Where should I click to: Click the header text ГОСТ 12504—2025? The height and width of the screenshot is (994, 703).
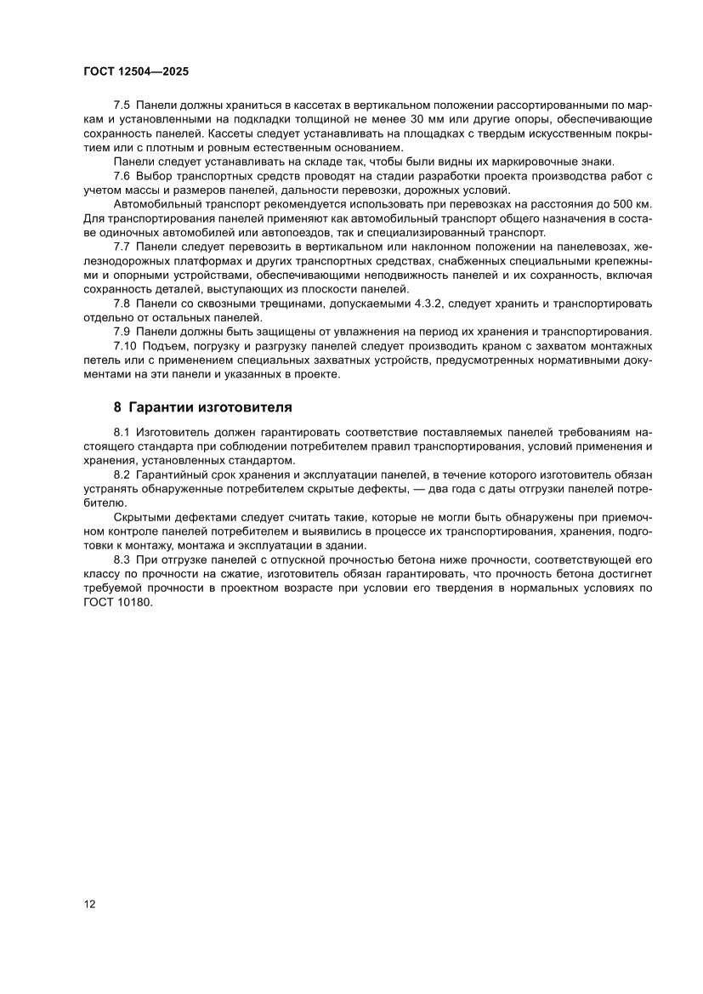click(130, 72)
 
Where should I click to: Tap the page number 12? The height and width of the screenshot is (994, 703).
click(90, 904)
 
